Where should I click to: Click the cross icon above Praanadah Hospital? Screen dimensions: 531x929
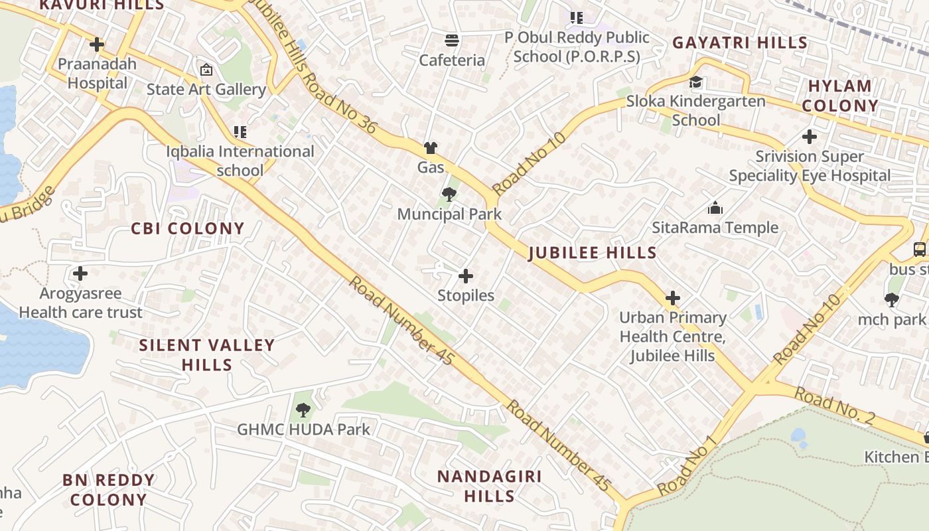[97, 44]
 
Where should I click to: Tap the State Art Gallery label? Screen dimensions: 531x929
[206, 89]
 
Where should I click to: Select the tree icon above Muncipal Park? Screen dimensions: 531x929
[449, 194]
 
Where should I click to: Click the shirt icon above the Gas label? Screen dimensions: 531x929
[431, 147]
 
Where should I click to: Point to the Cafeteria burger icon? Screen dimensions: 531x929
[452, 40]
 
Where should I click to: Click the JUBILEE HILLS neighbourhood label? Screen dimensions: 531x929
[593, 253]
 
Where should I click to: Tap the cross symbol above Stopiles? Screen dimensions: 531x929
[466, 275]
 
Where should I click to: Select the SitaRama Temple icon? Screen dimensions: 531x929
[715, 208]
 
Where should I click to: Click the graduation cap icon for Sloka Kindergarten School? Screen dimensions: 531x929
[695, 82]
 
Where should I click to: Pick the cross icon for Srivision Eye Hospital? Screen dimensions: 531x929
[809, 137]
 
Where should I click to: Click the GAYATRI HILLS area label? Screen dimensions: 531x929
[740, 43]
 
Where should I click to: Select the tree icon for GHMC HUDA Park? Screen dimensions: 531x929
[303, 410]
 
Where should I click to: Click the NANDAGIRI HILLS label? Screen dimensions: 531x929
[490, 486]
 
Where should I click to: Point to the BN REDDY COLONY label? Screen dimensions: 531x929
[108, 489]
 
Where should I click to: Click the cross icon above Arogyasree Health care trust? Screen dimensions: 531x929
[80, 273]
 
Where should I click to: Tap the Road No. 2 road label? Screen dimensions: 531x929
[835, 407]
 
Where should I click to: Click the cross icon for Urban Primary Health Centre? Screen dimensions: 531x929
[673, 297]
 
